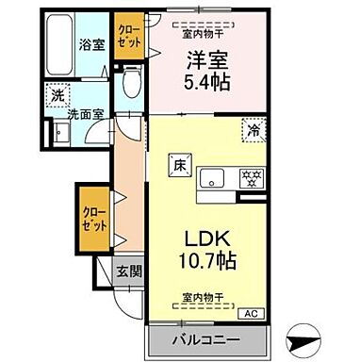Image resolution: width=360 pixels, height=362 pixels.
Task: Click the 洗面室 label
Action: [x=85, y=116]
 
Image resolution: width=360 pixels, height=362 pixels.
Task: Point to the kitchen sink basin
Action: [x=216, y=176]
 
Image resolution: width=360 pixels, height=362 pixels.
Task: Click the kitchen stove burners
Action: [x=251, y=176]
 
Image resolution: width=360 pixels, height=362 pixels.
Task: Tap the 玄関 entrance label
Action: [x=130, y=272]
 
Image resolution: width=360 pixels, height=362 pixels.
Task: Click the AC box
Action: [x=251, y=314]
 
